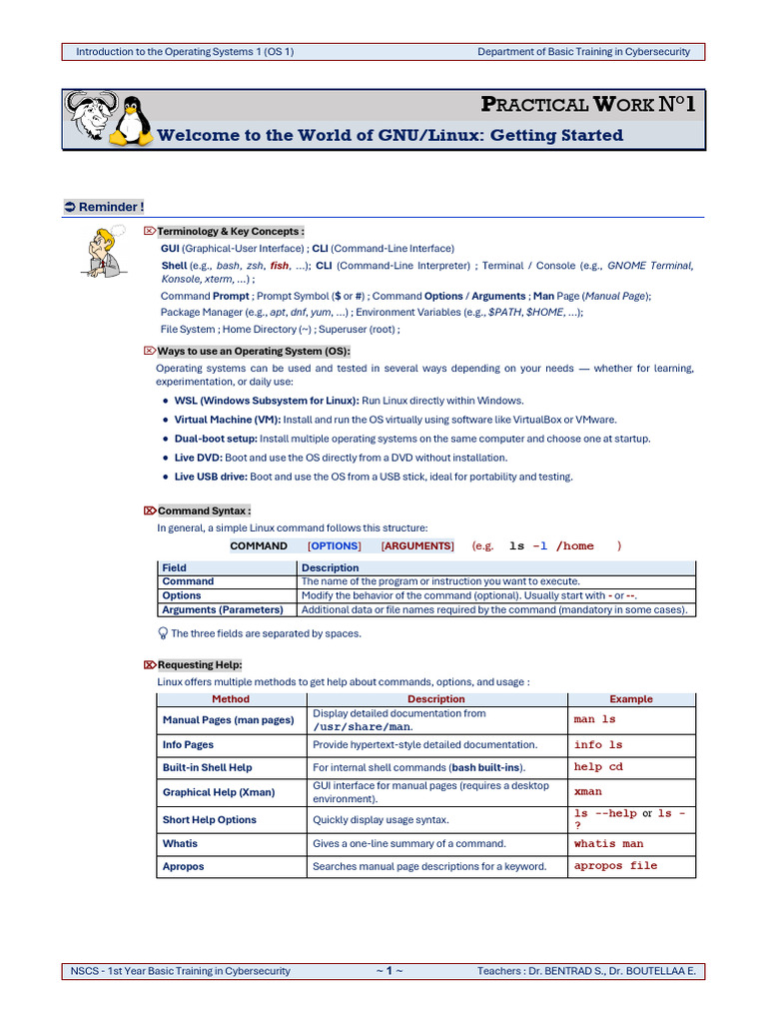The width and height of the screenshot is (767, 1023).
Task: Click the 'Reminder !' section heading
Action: click(111, 207)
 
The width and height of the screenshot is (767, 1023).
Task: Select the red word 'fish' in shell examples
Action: click(280, 266)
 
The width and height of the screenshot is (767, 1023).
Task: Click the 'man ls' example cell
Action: click(594, 719)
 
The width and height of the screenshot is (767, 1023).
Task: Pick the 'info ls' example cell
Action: click(597, 744)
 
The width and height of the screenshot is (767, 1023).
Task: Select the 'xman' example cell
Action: click(587, 791)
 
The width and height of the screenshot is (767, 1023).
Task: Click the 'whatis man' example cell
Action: click(608, 843)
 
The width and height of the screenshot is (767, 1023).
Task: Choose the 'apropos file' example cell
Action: click(615, 866)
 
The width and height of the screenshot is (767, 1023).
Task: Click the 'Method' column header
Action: click(231, 699)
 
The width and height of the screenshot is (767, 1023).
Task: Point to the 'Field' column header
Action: click(174, 567)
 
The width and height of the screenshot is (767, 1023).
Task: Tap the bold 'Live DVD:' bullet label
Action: click(198, 458)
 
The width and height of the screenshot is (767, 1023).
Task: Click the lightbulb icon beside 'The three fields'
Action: click(164, 632)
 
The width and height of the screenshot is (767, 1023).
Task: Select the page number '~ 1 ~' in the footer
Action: click(389, 970)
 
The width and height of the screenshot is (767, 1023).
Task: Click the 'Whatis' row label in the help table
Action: click(180, 843)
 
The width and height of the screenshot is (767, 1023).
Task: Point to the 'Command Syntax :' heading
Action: click(204, 511)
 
